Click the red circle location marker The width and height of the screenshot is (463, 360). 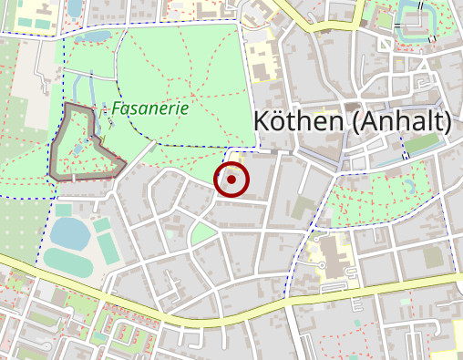tap(231, 180)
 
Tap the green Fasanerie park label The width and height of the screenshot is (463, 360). tap(150, 108)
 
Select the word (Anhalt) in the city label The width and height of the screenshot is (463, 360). tap(401, 121)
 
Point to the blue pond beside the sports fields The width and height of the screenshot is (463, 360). tap(68, 232)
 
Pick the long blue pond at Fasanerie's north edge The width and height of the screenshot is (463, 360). tap(96, 37)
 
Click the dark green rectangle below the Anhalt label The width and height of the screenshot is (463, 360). tap(421, 144)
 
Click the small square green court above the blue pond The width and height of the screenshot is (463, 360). tap(63, 211)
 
